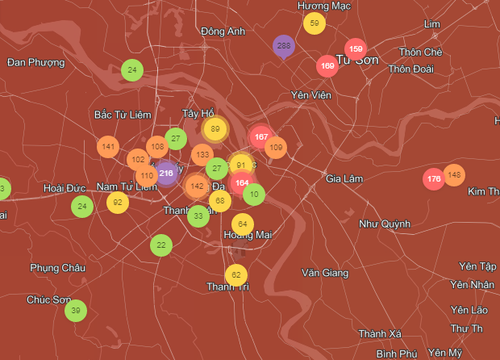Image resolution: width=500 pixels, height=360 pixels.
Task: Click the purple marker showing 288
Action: (x=283, y=46)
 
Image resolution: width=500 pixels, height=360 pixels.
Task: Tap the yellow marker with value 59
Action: (x=315, y=23)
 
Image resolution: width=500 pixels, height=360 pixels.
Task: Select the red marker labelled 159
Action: (x=356, y=49)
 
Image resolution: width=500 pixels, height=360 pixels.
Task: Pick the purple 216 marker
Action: (x=166, y=173)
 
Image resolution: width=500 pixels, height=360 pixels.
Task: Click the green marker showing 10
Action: (x=254, y=194)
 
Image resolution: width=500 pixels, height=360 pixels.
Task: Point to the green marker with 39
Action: (x=76, y=310)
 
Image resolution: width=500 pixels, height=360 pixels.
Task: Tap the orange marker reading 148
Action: (x=454, y=174)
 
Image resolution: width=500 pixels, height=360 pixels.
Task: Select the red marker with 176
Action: (x=434, y=178)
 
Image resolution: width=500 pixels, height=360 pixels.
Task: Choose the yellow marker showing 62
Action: (x=235, y=275)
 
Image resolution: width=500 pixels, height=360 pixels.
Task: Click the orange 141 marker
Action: (x=109, y=147)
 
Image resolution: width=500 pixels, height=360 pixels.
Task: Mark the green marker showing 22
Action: (x=161, y=245)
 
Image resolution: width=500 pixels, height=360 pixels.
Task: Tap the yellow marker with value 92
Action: (x=118, y=203)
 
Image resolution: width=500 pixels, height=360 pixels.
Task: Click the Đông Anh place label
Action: (x=223, y=31)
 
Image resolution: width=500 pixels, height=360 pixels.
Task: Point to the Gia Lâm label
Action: (x=346, y=178)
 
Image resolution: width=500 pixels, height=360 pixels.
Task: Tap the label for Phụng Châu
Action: (x=57, y=267)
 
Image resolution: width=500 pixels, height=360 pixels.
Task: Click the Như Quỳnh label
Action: (x=385, y=224)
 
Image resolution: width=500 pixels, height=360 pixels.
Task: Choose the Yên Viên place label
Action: (x=311, y=95)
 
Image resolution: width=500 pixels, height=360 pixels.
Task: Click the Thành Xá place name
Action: (x=381, y=333)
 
